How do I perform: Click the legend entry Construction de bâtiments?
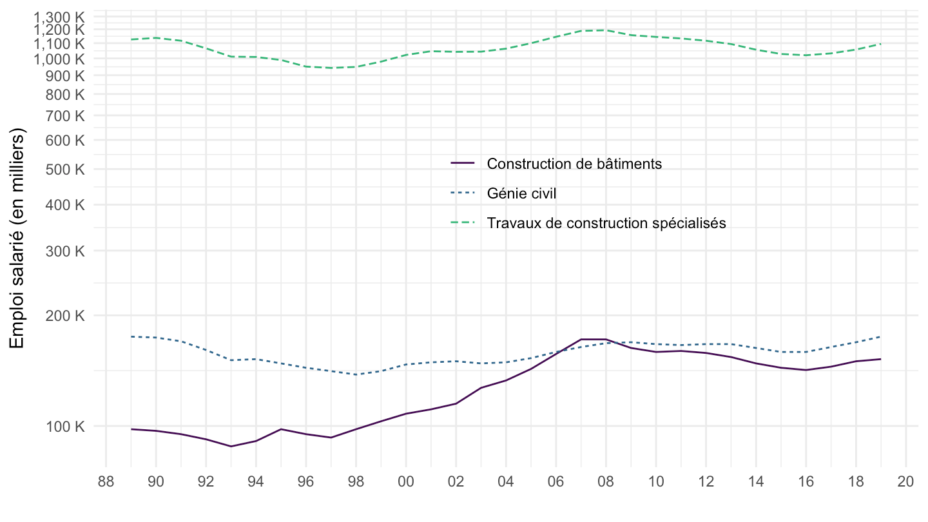click(574, 164)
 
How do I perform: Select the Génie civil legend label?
click(521, 193)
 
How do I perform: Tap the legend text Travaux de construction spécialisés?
click(606, 223)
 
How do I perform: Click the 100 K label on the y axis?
click(67, 426)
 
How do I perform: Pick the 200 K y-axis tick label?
click(67, 316)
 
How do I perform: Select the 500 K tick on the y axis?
click(67, 169)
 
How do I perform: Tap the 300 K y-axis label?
click(67, 251)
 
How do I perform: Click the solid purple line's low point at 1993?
click(231, 446)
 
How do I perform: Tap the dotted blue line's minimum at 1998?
click(356, 374)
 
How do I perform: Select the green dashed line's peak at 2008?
click(606, 30)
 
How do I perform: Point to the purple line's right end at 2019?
click(881, 359)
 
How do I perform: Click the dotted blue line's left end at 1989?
click(131, 336)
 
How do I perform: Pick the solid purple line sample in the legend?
click(463, 164)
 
